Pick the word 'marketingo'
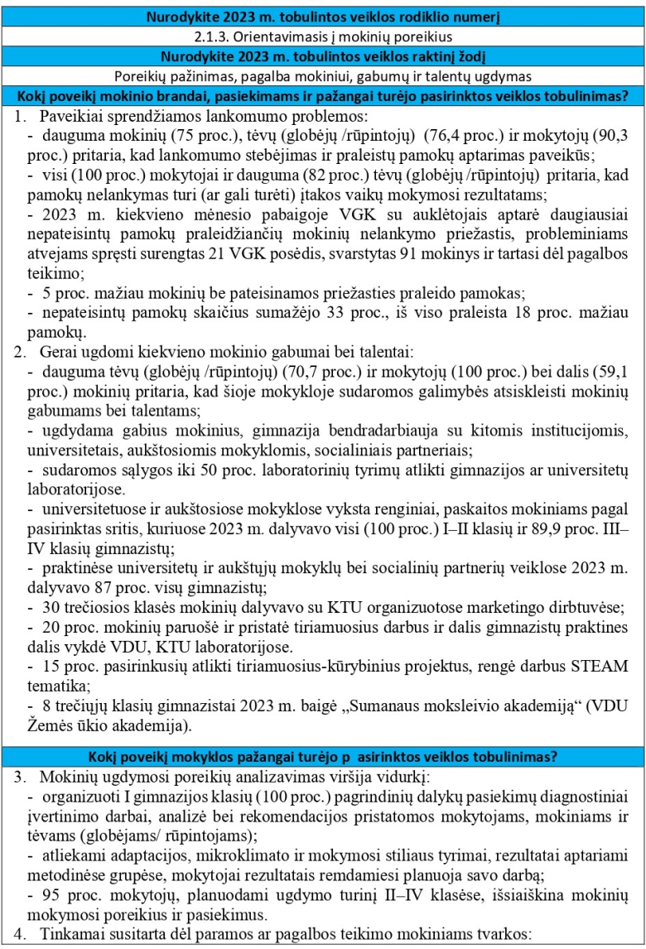point(474,609)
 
